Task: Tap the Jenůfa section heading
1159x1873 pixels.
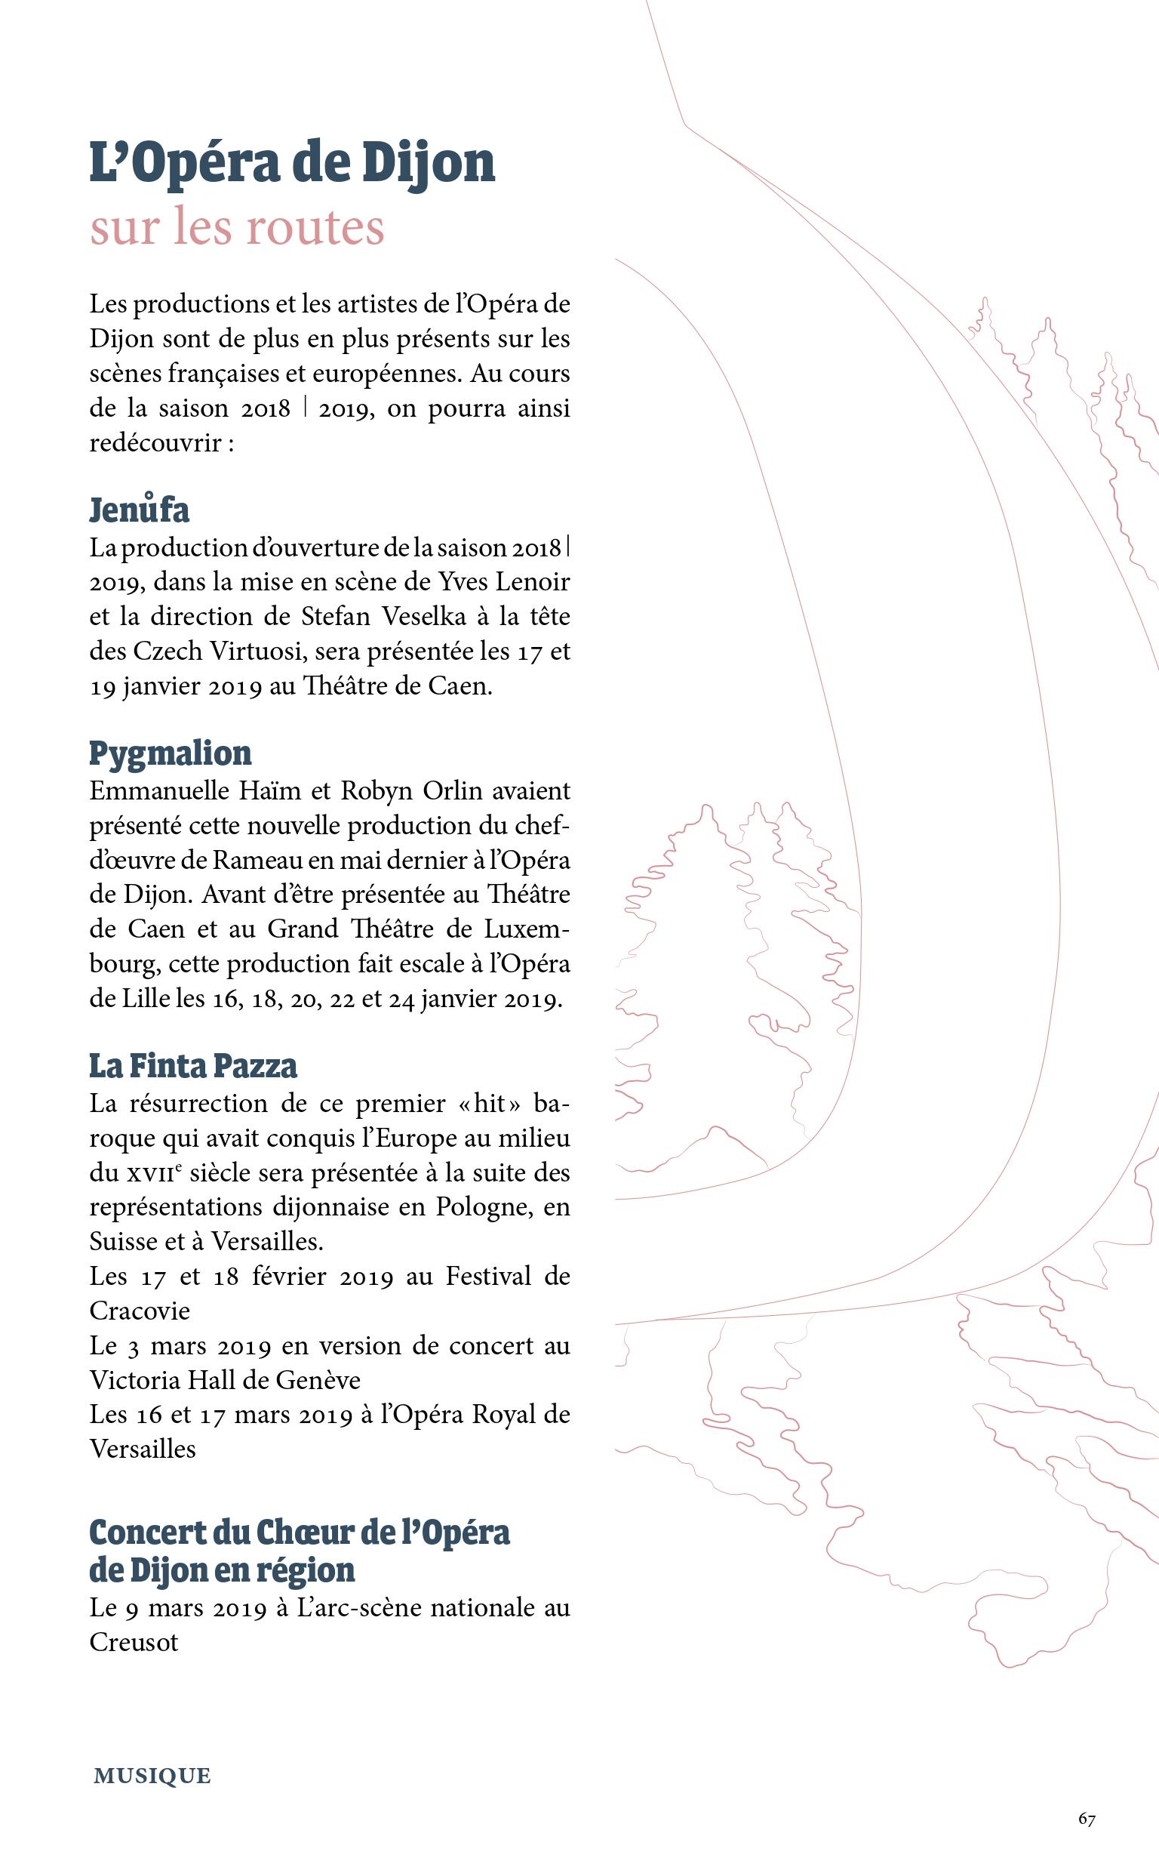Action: coord(140,510)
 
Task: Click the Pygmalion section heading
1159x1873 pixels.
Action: coord(171,753)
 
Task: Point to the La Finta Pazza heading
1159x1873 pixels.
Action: coord(193,1066)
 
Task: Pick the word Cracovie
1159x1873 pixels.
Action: coord(140,1311)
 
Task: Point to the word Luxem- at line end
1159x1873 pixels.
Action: coord(527,929)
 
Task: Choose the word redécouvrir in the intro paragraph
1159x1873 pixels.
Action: coord(155,443)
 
